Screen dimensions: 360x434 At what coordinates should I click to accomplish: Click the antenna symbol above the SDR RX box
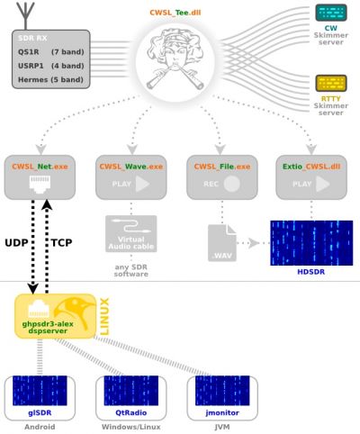pos(26,15)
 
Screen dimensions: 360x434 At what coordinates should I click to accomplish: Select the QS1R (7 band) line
pos(51,52)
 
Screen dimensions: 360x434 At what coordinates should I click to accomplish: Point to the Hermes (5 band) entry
pos(50,80)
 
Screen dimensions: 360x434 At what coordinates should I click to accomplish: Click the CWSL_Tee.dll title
pos(175,13)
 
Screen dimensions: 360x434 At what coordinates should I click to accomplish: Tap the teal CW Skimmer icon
pos(331,13)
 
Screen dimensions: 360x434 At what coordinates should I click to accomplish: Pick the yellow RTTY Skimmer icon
pos(331,83)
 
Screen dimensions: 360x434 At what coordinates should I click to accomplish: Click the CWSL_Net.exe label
pos(40,167)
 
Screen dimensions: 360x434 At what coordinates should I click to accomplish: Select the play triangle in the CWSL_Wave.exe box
pos(142,184)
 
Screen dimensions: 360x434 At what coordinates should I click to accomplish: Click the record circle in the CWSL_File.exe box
pos(231,184)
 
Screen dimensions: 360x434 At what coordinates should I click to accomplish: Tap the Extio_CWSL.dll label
pos(311,167)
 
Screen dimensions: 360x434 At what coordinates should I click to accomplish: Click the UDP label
pos(16,242)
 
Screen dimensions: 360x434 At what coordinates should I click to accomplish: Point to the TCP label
pos(61,242)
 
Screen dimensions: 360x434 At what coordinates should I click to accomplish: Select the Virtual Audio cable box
pos(131,233)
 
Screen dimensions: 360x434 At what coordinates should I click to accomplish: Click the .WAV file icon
pos(222,243)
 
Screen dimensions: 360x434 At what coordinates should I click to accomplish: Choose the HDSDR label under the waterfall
pos(311,272)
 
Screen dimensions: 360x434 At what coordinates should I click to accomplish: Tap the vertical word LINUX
pos(104,316)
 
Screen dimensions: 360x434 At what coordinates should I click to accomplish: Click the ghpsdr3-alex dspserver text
pos(48,328)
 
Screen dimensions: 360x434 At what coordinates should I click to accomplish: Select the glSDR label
pos(40,412)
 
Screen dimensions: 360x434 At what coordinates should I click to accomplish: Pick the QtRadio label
pos(131,412)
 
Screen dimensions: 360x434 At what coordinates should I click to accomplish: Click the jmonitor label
pos(222,412)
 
